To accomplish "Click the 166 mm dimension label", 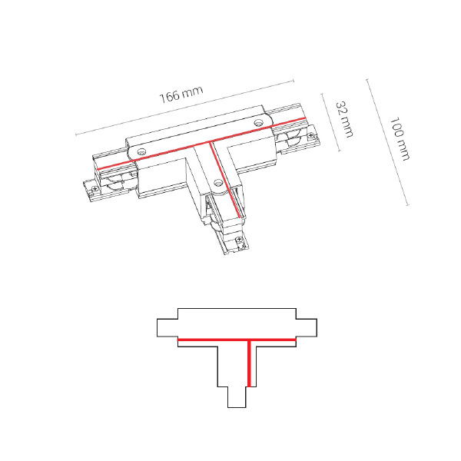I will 181,96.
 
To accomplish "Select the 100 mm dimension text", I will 399,139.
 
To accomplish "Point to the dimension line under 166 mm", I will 184,108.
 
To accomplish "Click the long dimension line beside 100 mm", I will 387,142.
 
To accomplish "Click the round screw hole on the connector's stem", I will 219,183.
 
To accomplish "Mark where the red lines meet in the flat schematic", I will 248,339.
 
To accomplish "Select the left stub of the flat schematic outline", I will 167,328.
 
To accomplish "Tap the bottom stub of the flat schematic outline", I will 237,396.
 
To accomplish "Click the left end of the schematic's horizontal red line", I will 180,339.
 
